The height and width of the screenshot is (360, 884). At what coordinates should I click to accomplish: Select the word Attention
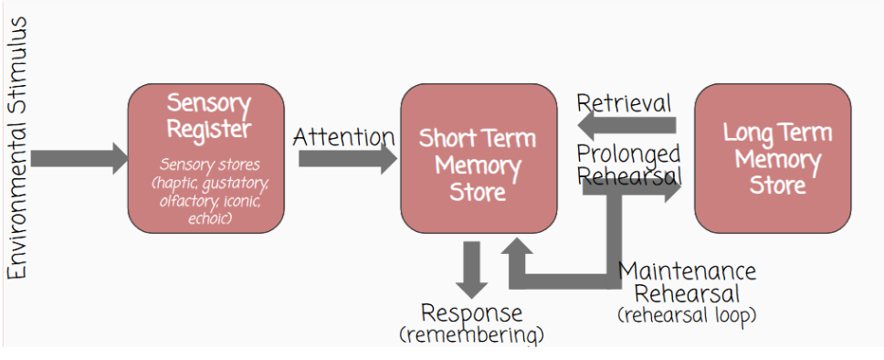[343, 136]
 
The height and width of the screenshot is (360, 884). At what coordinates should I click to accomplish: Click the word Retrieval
[624, 103]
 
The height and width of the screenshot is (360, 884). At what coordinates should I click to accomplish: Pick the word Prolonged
[628, 154]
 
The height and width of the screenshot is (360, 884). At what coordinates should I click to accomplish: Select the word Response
[471, 313]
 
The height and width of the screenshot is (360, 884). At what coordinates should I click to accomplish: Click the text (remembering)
[471, 334]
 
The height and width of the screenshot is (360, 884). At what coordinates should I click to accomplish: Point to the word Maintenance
[687, 271]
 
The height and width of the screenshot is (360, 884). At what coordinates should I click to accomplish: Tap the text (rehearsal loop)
[687, 315]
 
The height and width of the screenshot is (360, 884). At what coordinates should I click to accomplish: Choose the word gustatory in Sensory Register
[235, 184]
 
